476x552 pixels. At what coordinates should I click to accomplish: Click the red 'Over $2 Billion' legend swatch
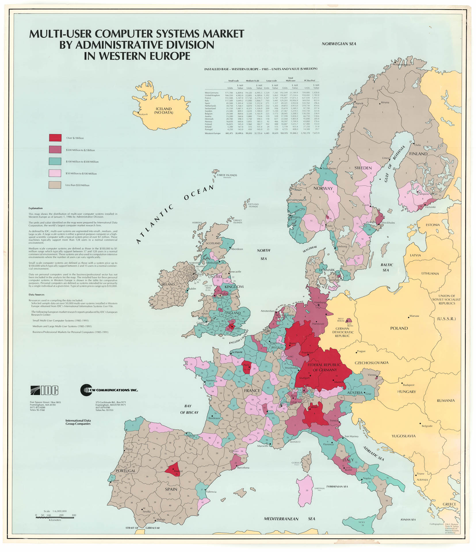tap(55, 138)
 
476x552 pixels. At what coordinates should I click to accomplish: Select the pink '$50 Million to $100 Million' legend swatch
tap(55, 173)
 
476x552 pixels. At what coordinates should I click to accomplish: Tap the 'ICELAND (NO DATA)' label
tap(163, 111)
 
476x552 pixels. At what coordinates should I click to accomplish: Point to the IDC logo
tap(44, 390)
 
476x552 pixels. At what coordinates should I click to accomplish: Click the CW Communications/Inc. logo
tap(109, 390)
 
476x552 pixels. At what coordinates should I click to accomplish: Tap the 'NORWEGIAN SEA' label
tap(339, 44)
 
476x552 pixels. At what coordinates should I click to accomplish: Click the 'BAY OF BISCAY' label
tap(189, 409)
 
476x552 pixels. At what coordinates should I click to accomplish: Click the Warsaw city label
tap(414, 316)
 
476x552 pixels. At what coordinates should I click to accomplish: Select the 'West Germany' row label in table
tap(212, 93)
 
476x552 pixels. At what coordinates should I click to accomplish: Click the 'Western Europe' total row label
tap(213, 133)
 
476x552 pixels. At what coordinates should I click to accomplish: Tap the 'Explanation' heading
tap(35, 208)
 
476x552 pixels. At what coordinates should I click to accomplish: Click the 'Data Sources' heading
tap(36, 294)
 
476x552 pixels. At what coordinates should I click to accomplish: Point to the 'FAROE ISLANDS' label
tap(227, 175)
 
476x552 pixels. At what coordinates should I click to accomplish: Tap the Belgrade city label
tap(427, 426)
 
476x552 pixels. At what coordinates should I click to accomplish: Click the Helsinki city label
tap(430, 207)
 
